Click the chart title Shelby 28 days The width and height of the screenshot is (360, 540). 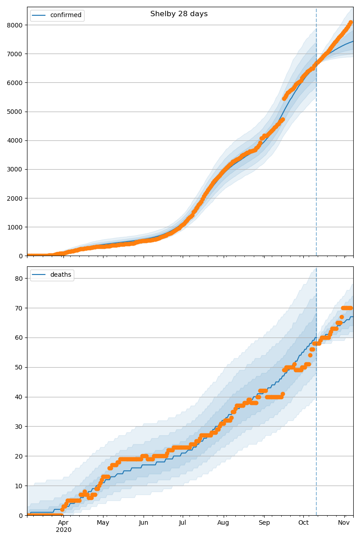(x=179, y=14)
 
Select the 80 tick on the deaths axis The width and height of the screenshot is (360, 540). (x=18, y=279)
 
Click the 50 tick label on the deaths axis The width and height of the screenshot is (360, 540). (x=18, y=367)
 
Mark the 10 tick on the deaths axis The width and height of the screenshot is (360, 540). (x=18, y=486)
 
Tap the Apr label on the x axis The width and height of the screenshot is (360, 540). (x=63, y=523)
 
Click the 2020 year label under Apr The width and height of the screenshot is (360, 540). (x=63, y=530)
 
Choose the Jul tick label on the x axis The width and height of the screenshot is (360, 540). (x=182, y=523)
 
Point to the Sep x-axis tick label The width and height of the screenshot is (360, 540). (x=264, y=523)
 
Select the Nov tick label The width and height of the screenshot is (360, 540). (x=344, y=523)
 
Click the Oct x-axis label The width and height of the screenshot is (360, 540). (x=303, y=523)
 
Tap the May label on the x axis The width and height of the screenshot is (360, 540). (x=103, y=523)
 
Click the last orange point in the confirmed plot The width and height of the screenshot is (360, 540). (x=351, y=22)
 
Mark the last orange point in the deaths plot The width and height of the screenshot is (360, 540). (x=351, y=308)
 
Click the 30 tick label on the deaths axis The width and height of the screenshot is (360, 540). (x=18, y=427)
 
